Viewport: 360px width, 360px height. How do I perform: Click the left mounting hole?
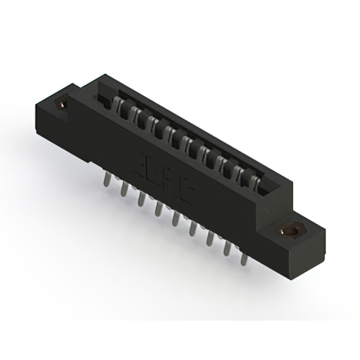tap(61, 104)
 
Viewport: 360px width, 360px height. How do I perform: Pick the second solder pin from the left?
tap(122, 189)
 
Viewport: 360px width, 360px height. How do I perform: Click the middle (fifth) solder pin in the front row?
tap(176, 219)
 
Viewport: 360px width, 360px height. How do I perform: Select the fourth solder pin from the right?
tap(193, 229)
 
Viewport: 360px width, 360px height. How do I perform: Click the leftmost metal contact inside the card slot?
tap(117, 103)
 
